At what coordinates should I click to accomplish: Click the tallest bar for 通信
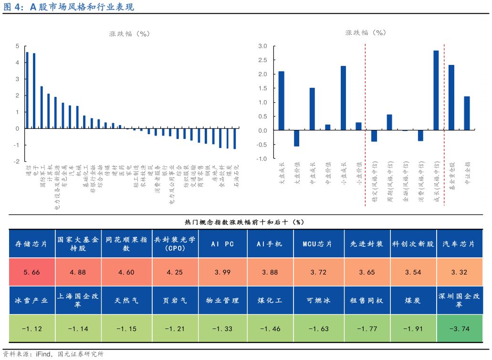pos(27,90)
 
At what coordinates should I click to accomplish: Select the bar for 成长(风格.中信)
pos(436,91)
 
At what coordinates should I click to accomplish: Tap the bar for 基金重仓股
pos(451,98)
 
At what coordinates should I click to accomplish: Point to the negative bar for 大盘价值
pos(297,138)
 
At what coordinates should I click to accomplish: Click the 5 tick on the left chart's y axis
pos(17,46)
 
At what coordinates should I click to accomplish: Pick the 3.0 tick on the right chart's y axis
pos(263,46)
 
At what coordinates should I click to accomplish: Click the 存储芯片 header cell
pos(31,244)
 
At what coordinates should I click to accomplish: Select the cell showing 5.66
pos(31,272)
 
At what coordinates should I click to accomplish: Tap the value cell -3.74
pos(459,328)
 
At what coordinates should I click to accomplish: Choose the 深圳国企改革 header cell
pos(459,300)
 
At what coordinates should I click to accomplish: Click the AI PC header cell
pos(223,244)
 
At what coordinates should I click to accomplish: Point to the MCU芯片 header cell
pos(318,244)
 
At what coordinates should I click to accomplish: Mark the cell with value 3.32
pos(459,272)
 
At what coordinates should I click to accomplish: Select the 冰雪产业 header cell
pos(31,300)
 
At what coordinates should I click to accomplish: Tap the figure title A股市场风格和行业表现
pos(69,7)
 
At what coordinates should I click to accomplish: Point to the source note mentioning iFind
pos(52,354)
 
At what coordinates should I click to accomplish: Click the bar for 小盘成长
pos(343,98)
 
